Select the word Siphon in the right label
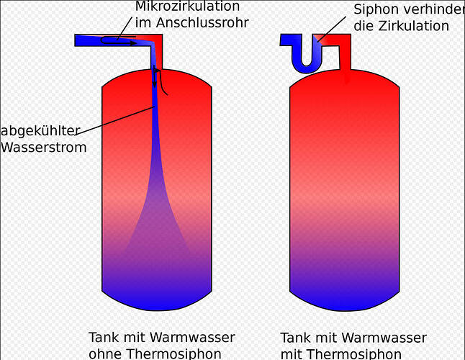[x=377, y=9]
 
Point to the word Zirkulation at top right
[x=413, y=26]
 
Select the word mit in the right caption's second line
[x=291, y=354]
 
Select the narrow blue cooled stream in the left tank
[x=155, y=137]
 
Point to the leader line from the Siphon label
[x=332, y=30]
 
